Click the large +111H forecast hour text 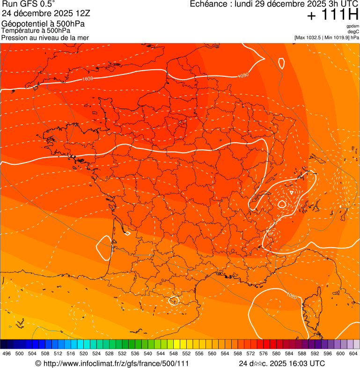(332, 15)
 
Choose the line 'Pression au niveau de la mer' (45, 37)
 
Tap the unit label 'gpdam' (353, 26)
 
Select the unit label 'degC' (353, 31)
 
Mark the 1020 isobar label (292, 296)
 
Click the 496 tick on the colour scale (7, 353)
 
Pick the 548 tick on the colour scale (174, 353)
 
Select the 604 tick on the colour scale (353, 353)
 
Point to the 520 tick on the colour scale (84, 353)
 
